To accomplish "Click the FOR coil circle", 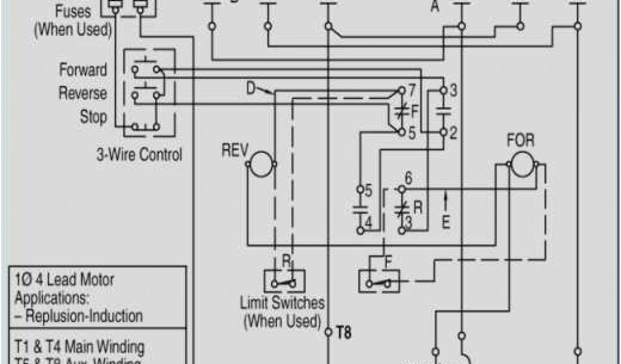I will (521, 164).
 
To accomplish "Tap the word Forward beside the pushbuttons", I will (83, 70).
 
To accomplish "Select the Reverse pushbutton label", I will (82, 93).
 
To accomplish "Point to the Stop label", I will (93, 116).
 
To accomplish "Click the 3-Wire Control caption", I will (139, 155).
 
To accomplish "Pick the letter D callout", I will (251, 89).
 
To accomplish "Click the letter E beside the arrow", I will (446, 222).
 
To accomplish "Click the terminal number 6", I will (408, 178).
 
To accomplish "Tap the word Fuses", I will (73, 11).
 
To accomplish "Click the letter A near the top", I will (435, 7).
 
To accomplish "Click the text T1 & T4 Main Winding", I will (79, 348).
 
